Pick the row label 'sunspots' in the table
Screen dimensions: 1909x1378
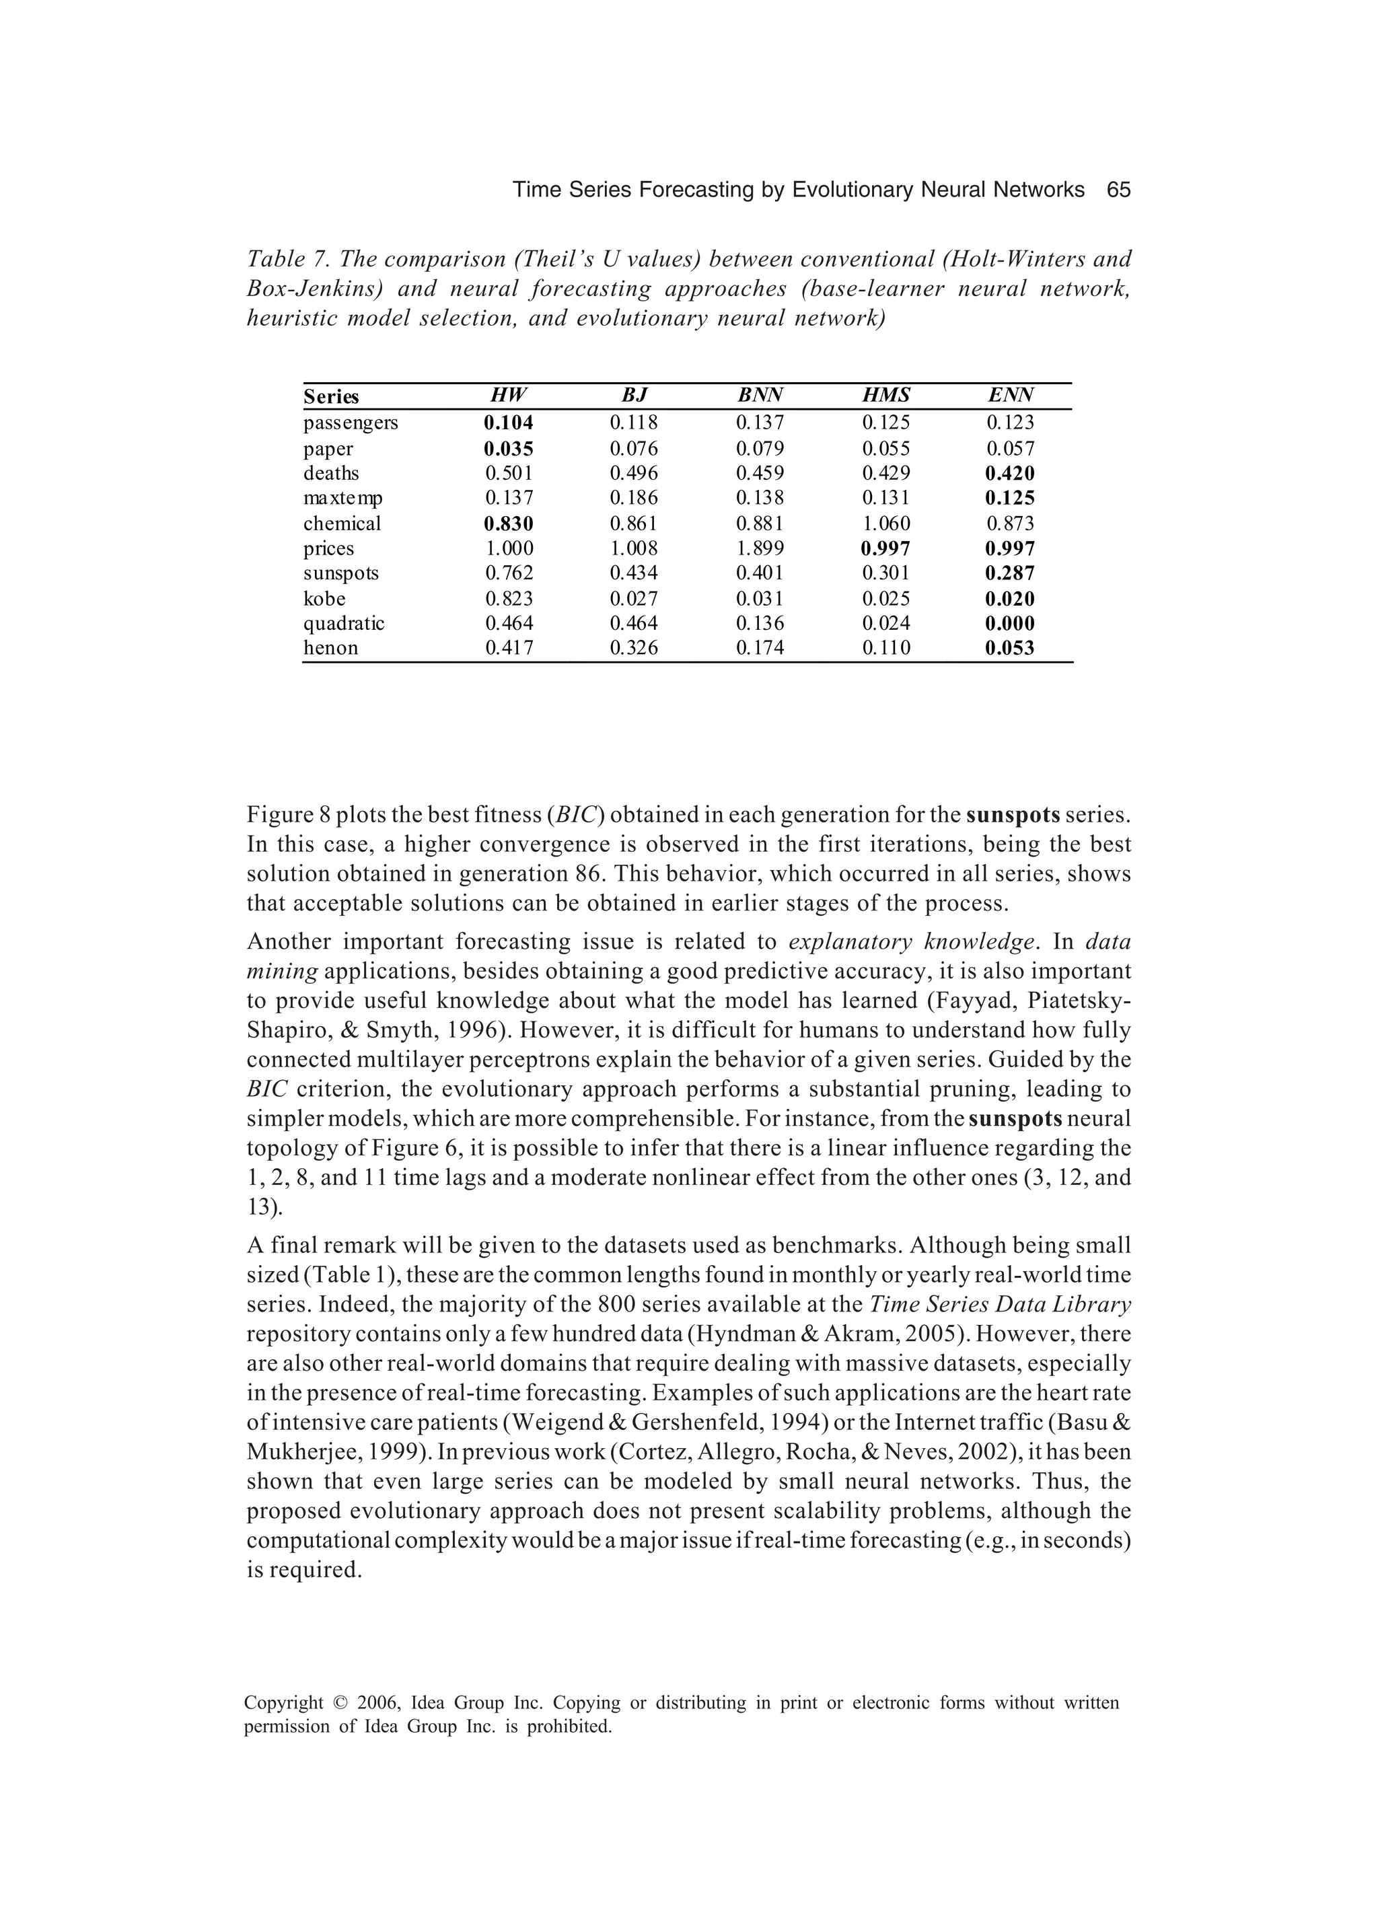(341, 573)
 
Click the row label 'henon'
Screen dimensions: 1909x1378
(331, 648)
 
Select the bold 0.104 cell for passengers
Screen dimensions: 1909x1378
(509, 423)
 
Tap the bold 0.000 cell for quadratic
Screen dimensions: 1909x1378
(1010, 624)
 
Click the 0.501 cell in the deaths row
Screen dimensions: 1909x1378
(509, 473)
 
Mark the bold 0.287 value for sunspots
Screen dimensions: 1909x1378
(1010, 574)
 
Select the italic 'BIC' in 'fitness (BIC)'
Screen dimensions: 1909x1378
(574, 815)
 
